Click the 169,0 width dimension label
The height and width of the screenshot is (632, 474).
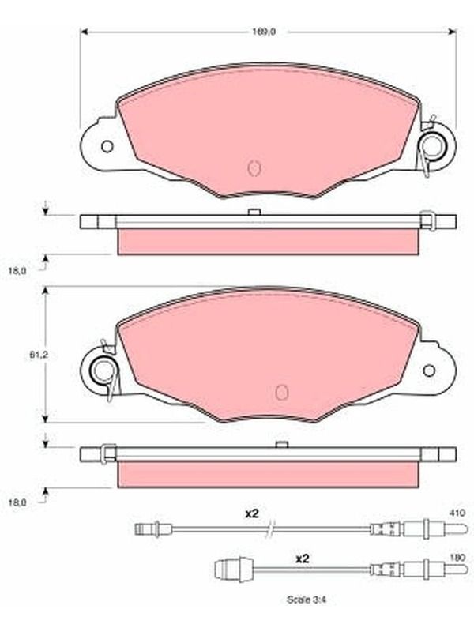[x=264, y=32]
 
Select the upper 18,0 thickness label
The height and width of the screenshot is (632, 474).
[x=17, y=271]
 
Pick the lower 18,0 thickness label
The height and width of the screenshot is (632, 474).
[x=17, y=502]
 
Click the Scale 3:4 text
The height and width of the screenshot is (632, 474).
[x=307, y=600]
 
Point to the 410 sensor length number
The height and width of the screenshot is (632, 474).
[x=458, y=513]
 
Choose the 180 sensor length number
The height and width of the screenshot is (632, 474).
[x=458, y=558]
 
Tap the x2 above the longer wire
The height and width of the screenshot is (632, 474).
[x=252, y=514]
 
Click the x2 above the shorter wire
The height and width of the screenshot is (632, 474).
[x=303, y=559]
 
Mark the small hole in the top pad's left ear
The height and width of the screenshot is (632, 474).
[x=107, y=146]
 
